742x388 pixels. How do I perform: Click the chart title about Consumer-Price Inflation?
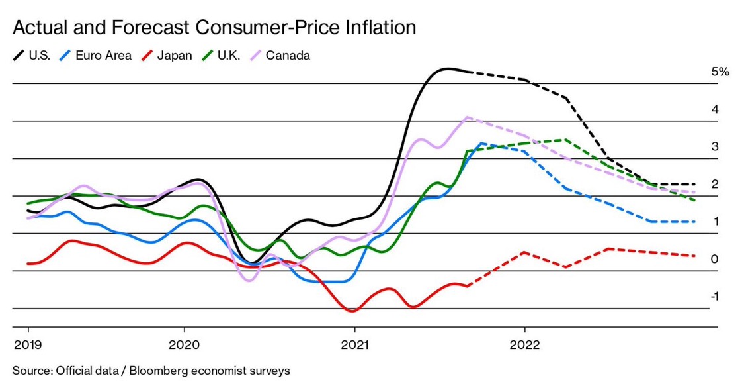coord(214,28)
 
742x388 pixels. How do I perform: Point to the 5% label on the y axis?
coord(720,72)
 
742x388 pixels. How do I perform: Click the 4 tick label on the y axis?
coord(715,109)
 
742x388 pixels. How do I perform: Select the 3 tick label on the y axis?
coord(715,146)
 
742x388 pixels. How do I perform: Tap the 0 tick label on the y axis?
coord(715,259)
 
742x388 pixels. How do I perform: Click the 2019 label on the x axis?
coord(28,345)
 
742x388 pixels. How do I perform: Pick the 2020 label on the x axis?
coord(184,345)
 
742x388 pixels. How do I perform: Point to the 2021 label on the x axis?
coord(354,345)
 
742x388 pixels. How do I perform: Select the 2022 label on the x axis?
coord(525,345)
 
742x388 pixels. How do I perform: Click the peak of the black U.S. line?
coord(448,68)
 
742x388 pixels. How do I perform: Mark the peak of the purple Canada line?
coord(468,117)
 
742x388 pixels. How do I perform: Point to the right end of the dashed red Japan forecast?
coord(694,256)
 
